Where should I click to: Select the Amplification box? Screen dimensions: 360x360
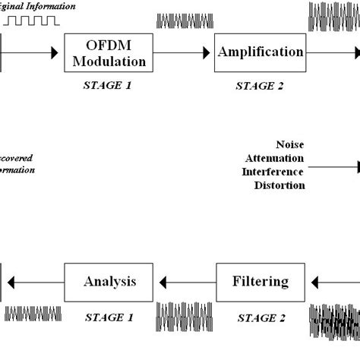coord(261,52)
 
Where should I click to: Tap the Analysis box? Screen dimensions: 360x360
coord(109,282)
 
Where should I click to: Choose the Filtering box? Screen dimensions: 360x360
coord(261,282)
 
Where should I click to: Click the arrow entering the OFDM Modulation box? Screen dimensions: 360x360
coord(30,53)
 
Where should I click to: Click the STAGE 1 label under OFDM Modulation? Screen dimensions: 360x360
coord(107,85)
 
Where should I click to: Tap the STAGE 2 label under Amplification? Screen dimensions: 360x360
coord(260,86)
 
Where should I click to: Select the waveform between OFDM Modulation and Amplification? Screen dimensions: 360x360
coord(180,21)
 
